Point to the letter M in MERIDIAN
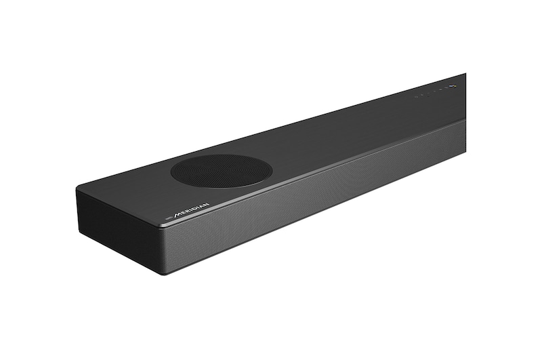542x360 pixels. click(x=178, y=216)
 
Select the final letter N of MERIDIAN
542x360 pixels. click(x=206, y=204)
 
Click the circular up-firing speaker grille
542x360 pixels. click(x=222, y=170)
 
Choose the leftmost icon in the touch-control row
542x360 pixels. click(x=416, y=98)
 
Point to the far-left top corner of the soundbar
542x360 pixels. click(x=77, y=191)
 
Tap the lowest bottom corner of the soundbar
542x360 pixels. click(x=162, y=273)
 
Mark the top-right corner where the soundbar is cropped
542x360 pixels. click(x=465, y=74)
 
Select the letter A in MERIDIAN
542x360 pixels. click(x=201, y=206)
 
